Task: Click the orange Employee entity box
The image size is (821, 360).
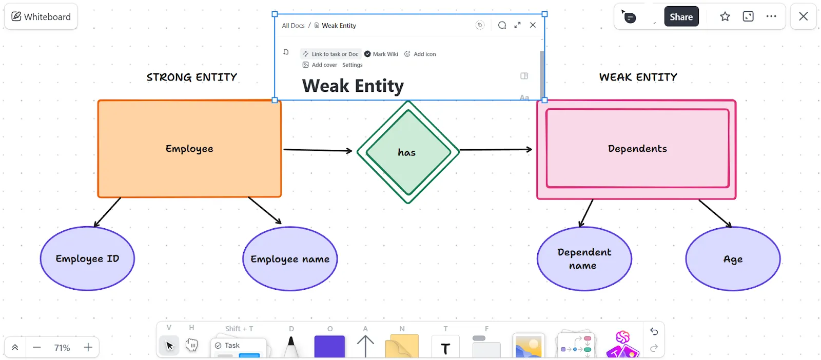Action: pyautogui.click(x=189, y=149)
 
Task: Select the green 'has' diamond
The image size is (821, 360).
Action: pyautogui.click(x=408, y=152)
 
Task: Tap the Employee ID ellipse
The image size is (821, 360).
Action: pyautogui.click(x=87, y=258)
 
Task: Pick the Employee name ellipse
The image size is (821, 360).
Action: pyautogui.click(x=290, y=259)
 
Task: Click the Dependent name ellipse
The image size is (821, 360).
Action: pyautogui.click(x=584, y=259)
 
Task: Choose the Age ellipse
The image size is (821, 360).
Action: pyautogui.click(x=733, y=259)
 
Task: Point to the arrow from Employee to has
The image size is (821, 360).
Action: pyautogui.click(x=318, y=150)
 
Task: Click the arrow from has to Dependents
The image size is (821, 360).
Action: pyautogui.click(x=496, y=149)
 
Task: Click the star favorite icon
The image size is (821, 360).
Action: pyautogui.click(x=725, y=16)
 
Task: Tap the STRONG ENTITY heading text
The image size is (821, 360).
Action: pyautogui.click(x=192, y=77)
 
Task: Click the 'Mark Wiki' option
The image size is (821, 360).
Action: pyautogui.click(x=381, y=54)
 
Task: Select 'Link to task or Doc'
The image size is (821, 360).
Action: pyautogui.click(x=330, y=54)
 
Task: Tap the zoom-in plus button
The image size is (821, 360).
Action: pyautogui.click(x=88, y=347)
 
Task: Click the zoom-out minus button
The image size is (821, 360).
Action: pyautogui.click(x=36, y=347)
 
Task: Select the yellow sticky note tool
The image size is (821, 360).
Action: pyautogui.click(x=402, y=346)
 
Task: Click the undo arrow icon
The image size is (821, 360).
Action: pyautogui.click(x=654, y=331)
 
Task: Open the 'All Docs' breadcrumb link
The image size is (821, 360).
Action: pyautogui.click(x=293, y=25)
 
